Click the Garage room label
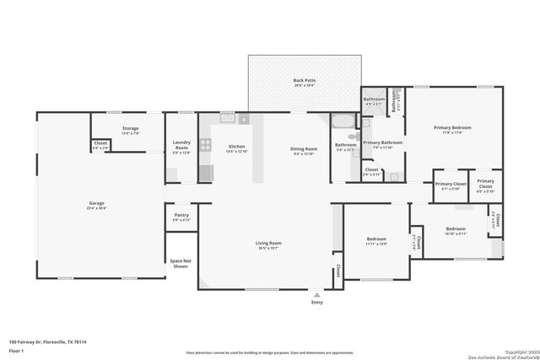(97, 203)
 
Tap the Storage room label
(130, 129)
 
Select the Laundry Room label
(181, 145)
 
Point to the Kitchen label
(237, 147)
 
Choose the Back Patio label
(305, 80)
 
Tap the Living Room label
(268, 243)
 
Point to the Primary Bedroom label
(452, 127)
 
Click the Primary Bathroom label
(382, 142)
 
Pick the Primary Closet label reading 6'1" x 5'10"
(451, 184)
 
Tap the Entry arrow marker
(316, 294)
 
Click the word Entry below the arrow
(316, 303)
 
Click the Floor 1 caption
(16, 350)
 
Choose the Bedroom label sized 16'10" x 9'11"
(456, 229)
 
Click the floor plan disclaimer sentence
(270, 352)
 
